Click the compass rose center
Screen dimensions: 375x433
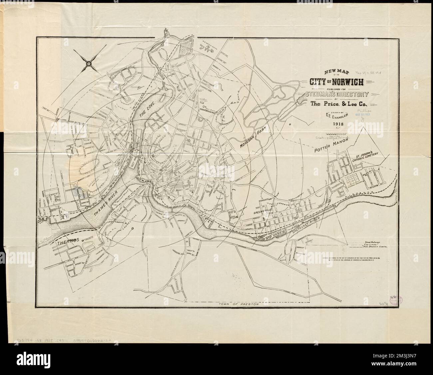tap(89, 63)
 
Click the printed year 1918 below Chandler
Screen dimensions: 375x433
tap(337, 124)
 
